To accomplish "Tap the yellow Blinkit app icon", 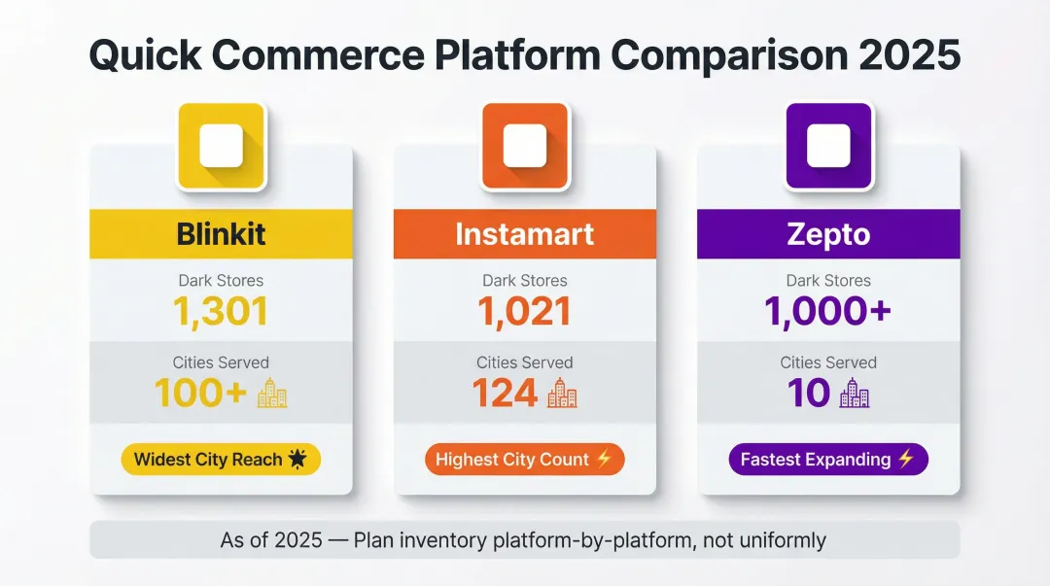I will pyautogui.click(x=221, y=146).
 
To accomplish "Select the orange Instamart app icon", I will pyautogui.click(x=525, y=146).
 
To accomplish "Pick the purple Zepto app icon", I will pyautogui.click(x=828, y=146).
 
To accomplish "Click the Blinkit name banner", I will pyautogui.click(x=221, y=234).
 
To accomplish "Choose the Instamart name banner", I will pyautogui.click(x=525, y=234).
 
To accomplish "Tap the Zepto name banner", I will pyautogui.click(x=828, y=234).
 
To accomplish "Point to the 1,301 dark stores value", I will pyautogui.click(x=221, y=311).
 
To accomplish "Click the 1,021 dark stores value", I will pyautogui.click(x=525, y=311).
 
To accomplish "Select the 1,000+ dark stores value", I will pyautogui.click(x=828, y=311).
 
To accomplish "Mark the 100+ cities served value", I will pyautogui.click(x=200, y=393).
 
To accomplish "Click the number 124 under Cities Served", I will pyautogui.click(x=505, y=393).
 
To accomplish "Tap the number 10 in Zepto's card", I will pyautogui.click(x=809, y=393).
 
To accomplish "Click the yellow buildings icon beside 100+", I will pyautogui.click(x=272, y=394).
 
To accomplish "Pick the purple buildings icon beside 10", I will pyautogui.click(x=854, y=394).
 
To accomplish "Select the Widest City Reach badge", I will pyautogui.click(x=221, y=460).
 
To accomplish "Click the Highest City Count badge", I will pyautogui.click(x=525, y=460).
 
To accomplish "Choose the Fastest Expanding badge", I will pyautogui.click(x=828, y=460).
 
